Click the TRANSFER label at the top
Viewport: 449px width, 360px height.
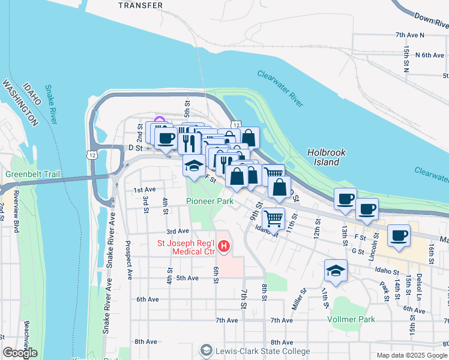[140, 5]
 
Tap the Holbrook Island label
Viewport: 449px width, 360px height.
[326, 157]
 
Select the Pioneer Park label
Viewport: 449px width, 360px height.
[209, 202]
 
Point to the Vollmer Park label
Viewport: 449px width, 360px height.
[351, 320]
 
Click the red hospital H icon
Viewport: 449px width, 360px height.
[224, 246]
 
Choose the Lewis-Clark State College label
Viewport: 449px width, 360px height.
[263, 351]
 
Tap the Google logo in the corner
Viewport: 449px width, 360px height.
[20, 353]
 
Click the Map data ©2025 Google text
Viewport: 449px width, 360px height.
[411, 355]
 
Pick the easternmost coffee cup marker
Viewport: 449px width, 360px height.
[399, 235]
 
